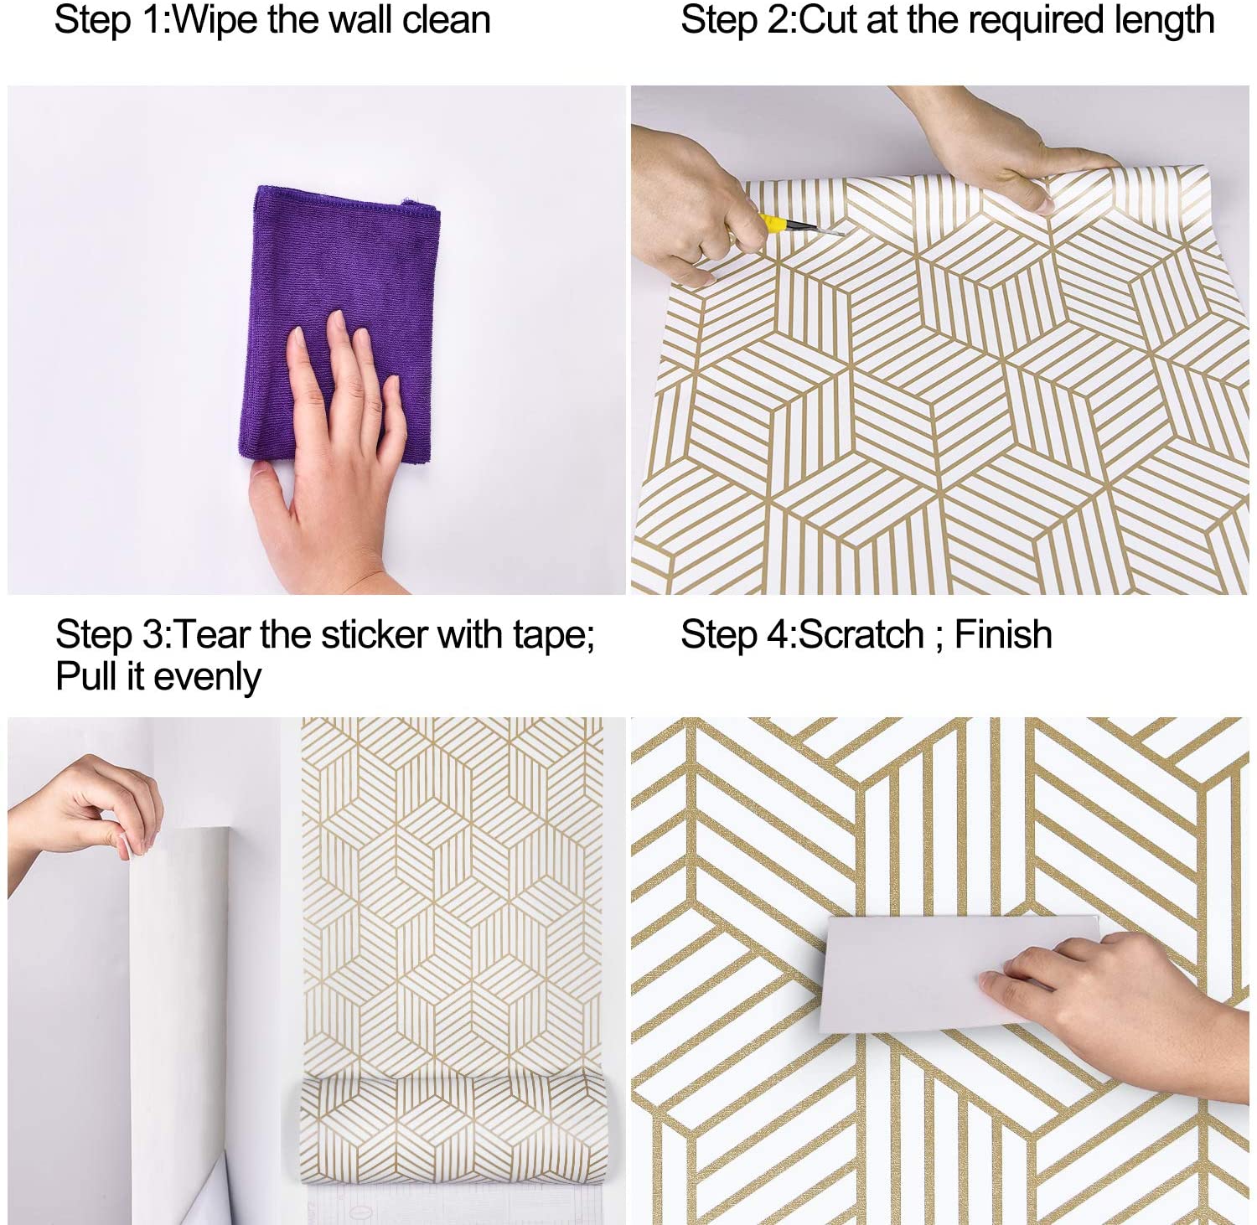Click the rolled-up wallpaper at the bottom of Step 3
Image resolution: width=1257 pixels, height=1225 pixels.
453,1123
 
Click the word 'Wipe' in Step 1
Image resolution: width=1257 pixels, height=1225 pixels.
215,20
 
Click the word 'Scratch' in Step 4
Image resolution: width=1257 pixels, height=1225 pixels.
861,635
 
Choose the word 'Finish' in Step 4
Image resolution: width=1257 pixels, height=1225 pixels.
1003,635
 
